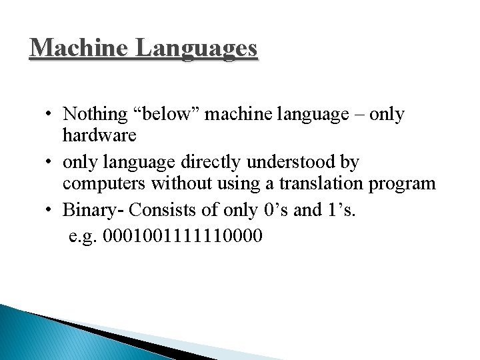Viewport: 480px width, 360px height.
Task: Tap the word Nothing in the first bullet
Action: click(x=95, y=115)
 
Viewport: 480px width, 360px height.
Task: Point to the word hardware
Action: click(x=99, y=135)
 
